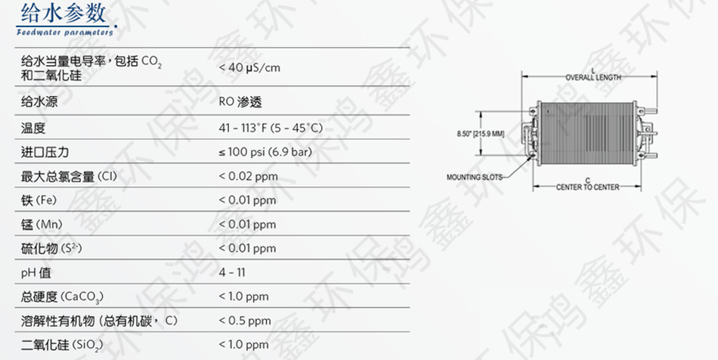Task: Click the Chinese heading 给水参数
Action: pos(63,14)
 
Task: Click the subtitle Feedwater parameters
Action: pos(64,32)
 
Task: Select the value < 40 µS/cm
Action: pos(249,67)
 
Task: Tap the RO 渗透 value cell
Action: pos(240,101)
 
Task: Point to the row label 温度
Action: pos(33,128)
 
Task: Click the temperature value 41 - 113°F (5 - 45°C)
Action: pos(271,128)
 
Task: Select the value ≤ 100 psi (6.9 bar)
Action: pos(265,151)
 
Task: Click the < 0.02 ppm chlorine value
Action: pos(248,176)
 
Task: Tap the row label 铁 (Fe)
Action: pos(39,200)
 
